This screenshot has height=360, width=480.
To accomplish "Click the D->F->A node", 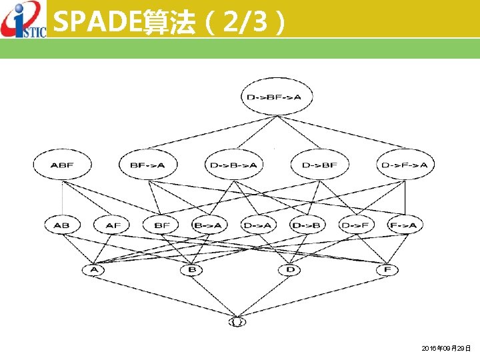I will click(405, 165).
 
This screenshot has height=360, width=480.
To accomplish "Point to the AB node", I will click(61, 225).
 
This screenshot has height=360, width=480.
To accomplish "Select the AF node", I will click(113, 225).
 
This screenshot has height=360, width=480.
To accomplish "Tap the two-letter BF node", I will click(162, 225).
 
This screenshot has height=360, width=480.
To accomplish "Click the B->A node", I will click(208, 225).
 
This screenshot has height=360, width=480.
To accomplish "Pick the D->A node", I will click(257, 225).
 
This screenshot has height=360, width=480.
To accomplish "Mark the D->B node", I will click(306, 225).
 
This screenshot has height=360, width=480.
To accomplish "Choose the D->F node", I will click(355, 225).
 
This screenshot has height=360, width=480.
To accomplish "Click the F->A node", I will click(404, 225).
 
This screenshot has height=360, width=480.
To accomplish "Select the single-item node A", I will click(93, 270).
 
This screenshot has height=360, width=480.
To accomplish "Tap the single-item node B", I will click(191, 270).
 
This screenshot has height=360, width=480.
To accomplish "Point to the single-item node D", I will click(289, 270).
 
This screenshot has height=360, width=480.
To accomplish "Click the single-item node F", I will click(387, 270).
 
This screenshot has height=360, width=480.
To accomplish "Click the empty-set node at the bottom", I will click(237, 323).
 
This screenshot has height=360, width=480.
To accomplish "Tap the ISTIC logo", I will click(23, 20).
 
